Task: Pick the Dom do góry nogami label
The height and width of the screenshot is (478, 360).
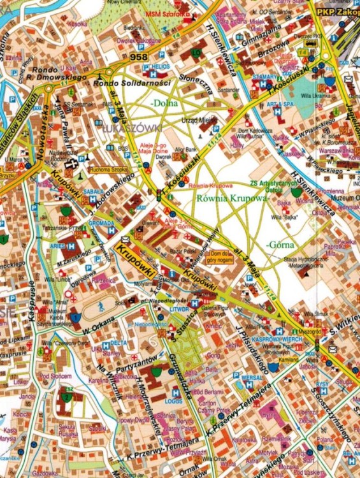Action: (x=232, y=256)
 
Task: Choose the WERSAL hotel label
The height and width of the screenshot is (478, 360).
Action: (x=252, y=377)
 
